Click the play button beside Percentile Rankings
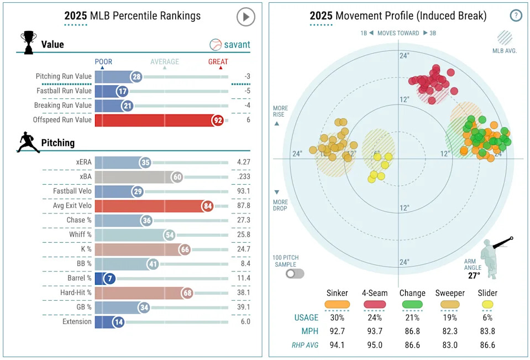(x=246, y=17)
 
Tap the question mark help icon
(x=516, y=15)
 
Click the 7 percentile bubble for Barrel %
(x=111, y=278)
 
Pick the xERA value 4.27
(x=243, y=163)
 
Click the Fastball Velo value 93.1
(x=243, y=191)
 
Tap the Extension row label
(x=77, y=321)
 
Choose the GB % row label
(x=81, y=307)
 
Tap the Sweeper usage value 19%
(x=450, y=318)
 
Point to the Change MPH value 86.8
(x=412, y=332)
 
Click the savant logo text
(x=237, y=45)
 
